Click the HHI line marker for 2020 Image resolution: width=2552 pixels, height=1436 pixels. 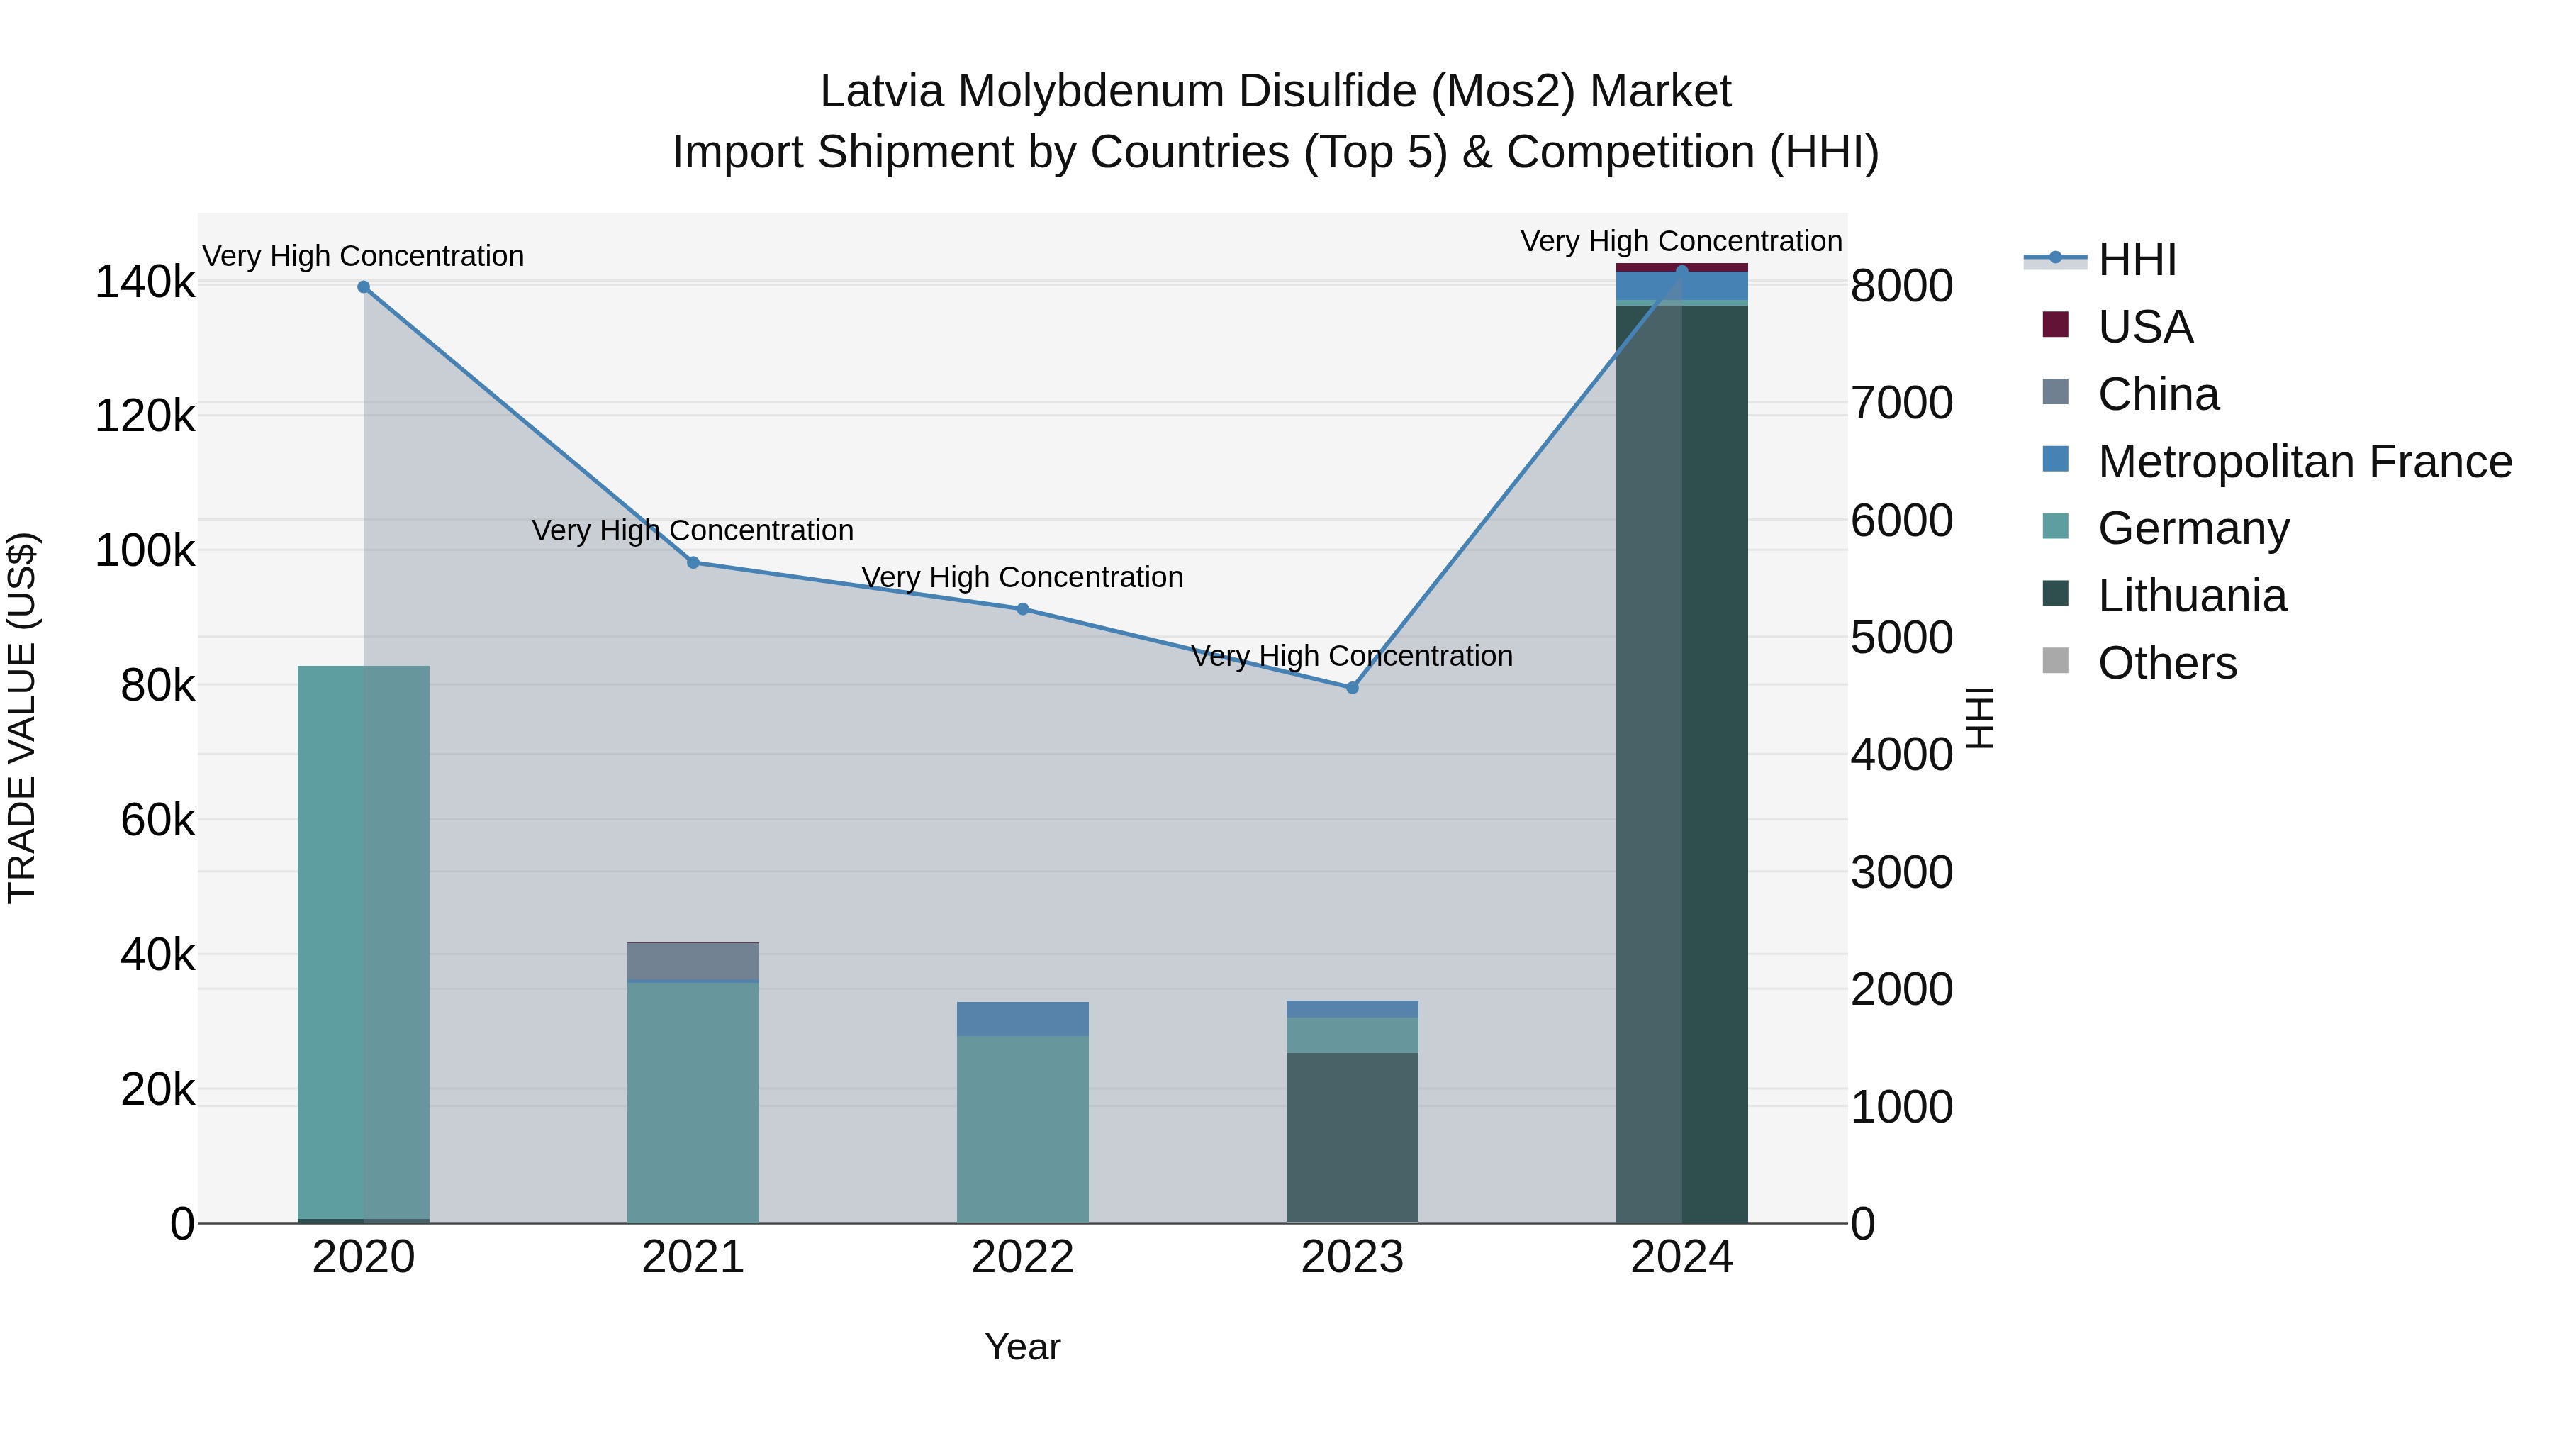click(364, 287)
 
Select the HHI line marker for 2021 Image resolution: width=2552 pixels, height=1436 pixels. click(693, 563)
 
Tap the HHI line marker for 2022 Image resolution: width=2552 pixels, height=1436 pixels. click(1022, 609)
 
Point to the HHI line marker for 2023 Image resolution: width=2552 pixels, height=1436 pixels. click(1353, 688)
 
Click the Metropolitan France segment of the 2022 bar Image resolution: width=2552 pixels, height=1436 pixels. click(1022, 1019)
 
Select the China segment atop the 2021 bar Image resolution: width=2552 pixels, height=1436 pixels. click(693, 962)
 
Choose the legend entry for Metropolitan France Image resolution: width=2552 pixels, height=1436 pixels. click(2305, 462)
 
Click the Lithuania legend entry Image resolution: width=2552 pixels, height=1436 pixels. click(2191, 596)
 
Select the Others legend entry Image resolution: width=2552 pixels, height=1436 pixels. click(2166, 663)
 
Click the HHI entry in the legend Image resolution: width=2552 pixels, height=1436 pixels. click(2137, 260)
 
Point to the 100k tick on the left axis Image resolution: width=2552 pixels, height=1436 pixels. click(145, 551)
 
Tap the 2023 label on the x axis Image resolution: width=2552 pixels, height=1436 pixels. click(1353, 1257)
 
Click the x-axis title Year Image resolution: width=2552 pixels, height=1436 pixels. click(1022, 1347)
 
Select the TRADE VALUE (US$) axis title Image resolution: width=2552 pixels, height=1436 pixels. click(22, 718)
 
